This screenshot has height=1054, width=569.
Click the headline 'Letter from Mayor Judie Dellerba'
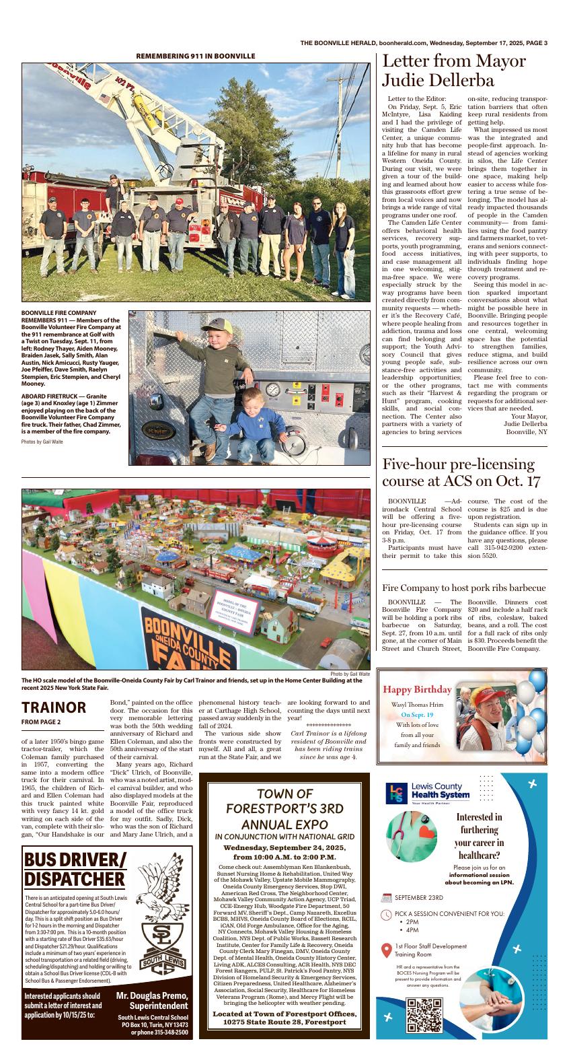[x=454, y=71]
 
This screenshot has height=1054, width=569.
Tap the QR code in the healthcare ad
[x=424, y=1016]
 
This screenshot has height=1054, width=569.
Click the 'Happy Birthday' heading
[x=417, y=689]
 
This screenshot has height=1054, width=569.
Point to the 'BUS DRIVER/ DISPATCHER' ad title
[x=75, y=869]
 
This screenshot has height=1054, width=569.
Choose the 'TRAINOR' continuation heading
[x=54, y=707]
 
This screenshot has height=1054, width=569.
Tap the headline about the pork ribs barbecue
[x=463, y=587]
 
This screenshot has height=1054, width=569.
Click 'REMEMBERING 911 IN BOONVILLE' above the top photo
[x=195, y=56]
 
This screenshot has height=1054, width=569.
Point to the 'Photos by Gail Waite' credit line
[x=42, y=442]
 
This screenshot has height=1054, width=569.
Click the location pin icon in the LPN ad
[x=386, y=950]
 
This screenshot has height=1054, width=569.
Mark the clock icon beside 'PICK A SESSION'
[x=386, y=914]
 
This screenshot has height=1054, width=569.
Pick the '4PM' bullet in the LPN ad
[x=412, y=930]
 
